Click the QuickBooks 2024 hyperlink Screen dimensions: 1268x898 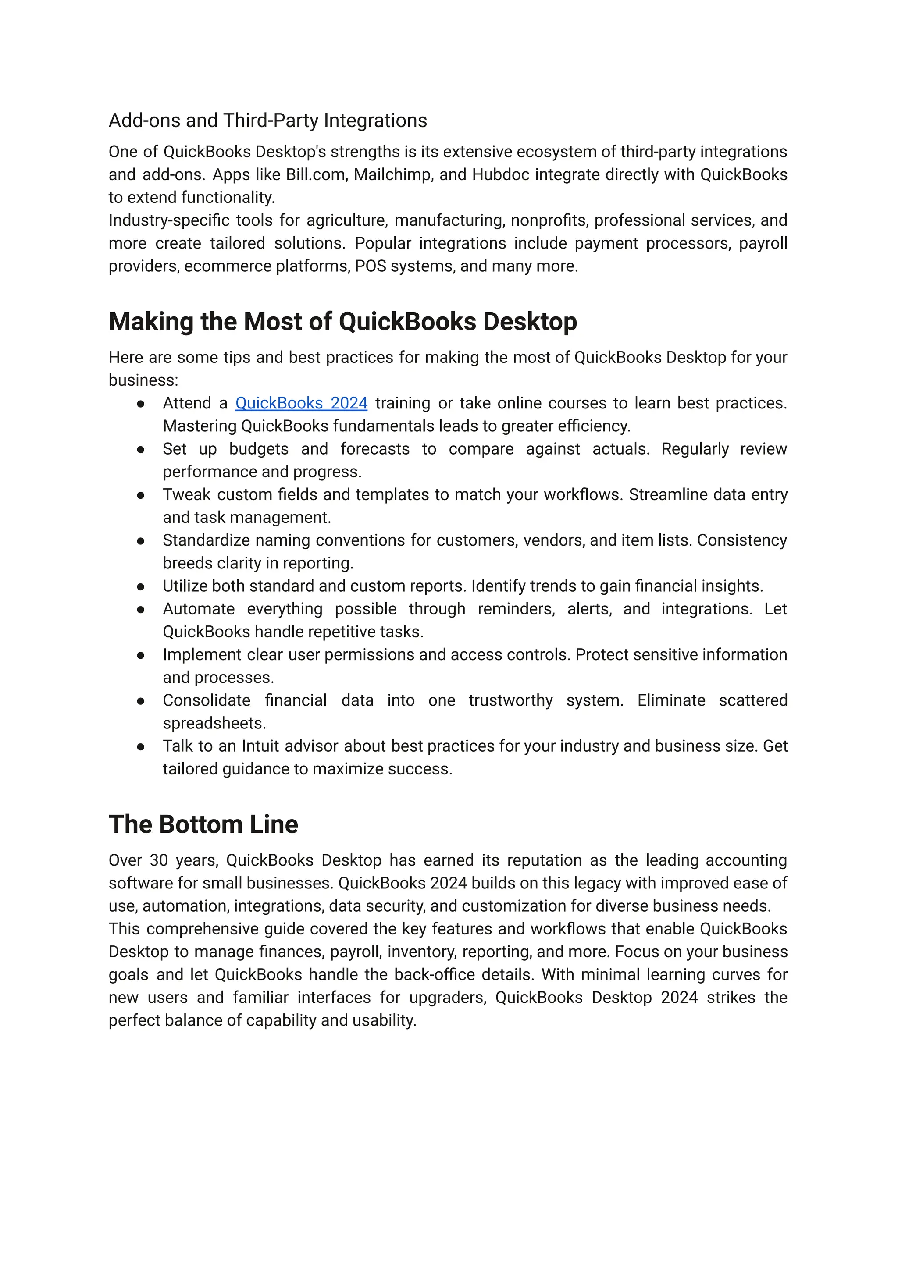(x=301, y=404)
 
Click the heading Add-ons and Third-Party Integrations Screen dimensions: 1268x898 (x=267, y=121)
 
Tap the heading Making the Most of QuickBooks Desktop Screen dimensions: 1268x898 (x=342, y=322)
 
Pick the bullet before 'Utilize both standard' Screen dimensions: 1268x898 (x=141, y=587)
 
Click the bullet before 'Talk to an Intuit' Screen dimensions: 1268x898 (x=141, y=747)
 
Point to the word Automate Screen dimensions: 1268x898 (x=199, y=609)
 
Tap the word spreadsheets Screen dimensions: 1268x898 (x=214, y=724)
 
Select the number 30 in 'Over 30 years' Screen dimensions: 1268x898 (x=159, y=861)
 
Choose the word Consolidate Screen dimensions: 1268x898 (x=206, y=700)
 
